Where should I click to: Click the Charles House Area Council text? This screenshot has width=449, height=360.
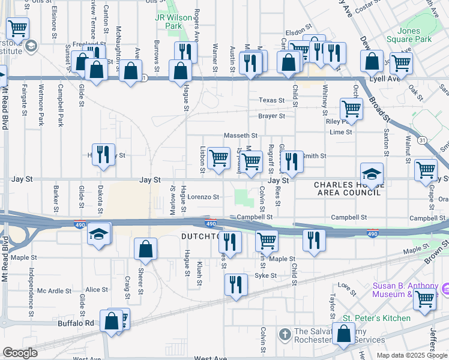pyautogui.click(x=348, y=189)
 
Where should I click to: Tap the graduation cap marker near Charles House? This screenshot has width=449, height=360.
pyautogui.click(x=372, y=175)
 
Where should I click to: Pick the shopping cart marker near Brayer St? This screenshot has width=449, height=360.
pyautogui.click(x=351, y=109)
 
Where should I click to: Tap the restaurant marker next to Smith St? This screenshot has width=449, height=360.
pyautogui.click(x=292, y=161)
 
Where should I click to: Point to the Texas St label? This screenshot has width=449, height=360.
pyautogui.click(x=271, y=100)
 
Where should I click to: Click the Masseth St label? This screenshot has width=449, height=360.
pyautogui.click(x=241, y=136)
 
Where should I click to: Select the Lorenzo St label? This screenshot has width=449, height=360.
pyautogui.click(x=203, y=196)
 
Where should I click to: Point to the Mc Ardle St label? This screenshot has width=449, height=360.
pyautogui.click(x=55, y=291)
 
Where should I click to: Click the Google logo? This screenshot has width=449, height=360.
pyautogui.click(x=20, y=353)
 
